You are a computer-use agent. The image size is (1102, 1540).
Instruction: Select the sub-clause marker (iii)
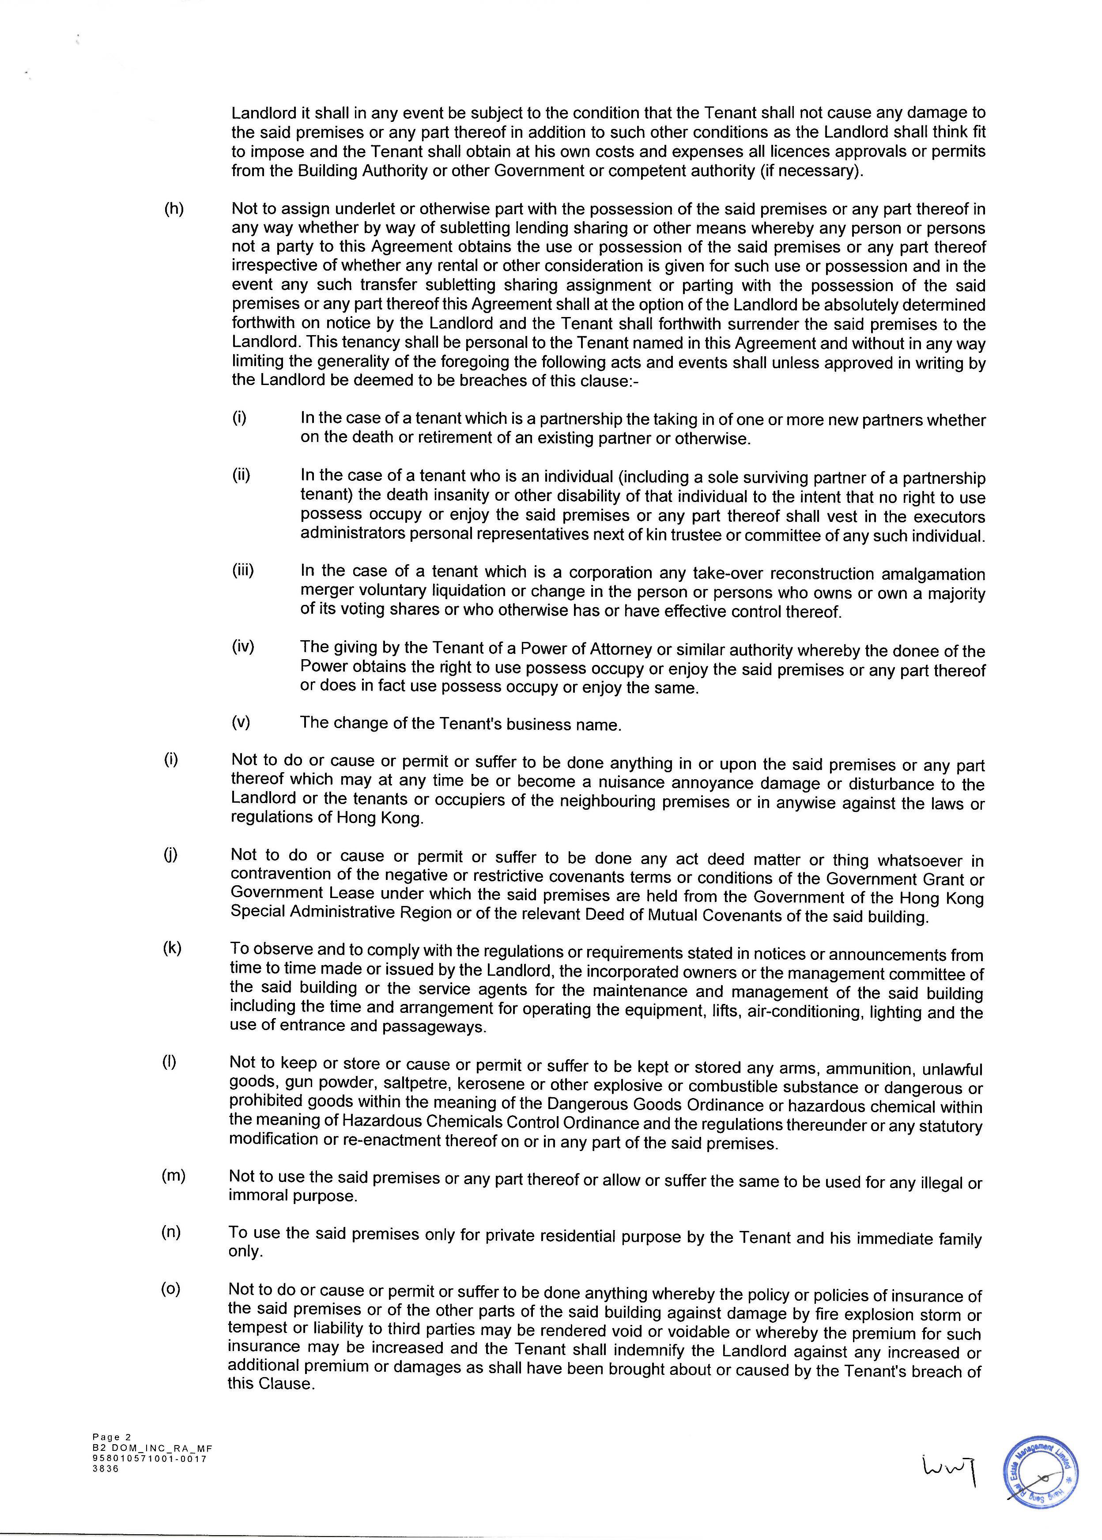click(243, 570)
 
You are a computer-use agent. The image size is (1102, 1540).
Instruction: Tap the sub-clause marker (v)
click(242, 722)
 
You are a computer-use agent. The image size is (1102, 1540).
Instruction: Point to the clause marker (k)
click(172, 948)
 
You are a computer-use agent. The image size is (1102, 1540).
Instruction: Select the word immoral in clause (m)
click(258, 1195)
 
